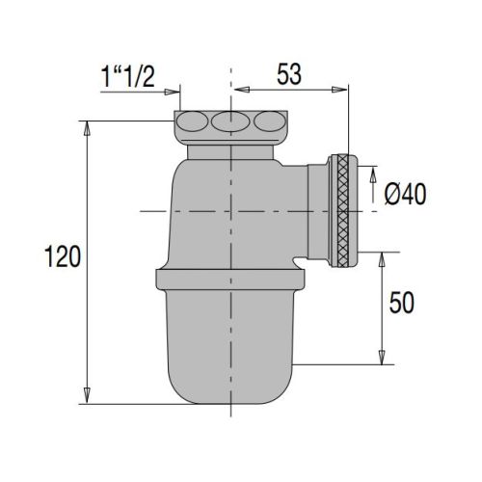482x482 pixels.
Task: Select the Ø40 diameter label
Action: [404, 196]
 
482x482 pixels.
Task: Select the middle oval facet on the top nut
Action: [230, 123]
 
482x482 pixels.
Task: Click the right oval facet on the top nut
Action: [267, 123]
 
